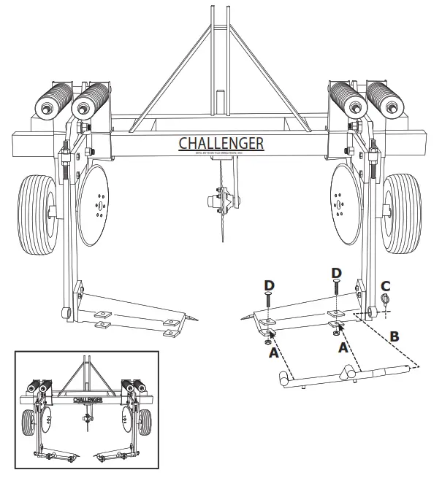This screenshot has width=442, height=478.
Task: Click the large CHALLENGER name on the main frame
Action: tap(221, 142)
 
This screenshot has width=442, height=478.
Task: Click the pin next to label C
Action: tap(386, 301)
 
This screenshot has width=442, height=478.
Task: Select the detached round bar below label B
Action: tap(343, 376)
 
